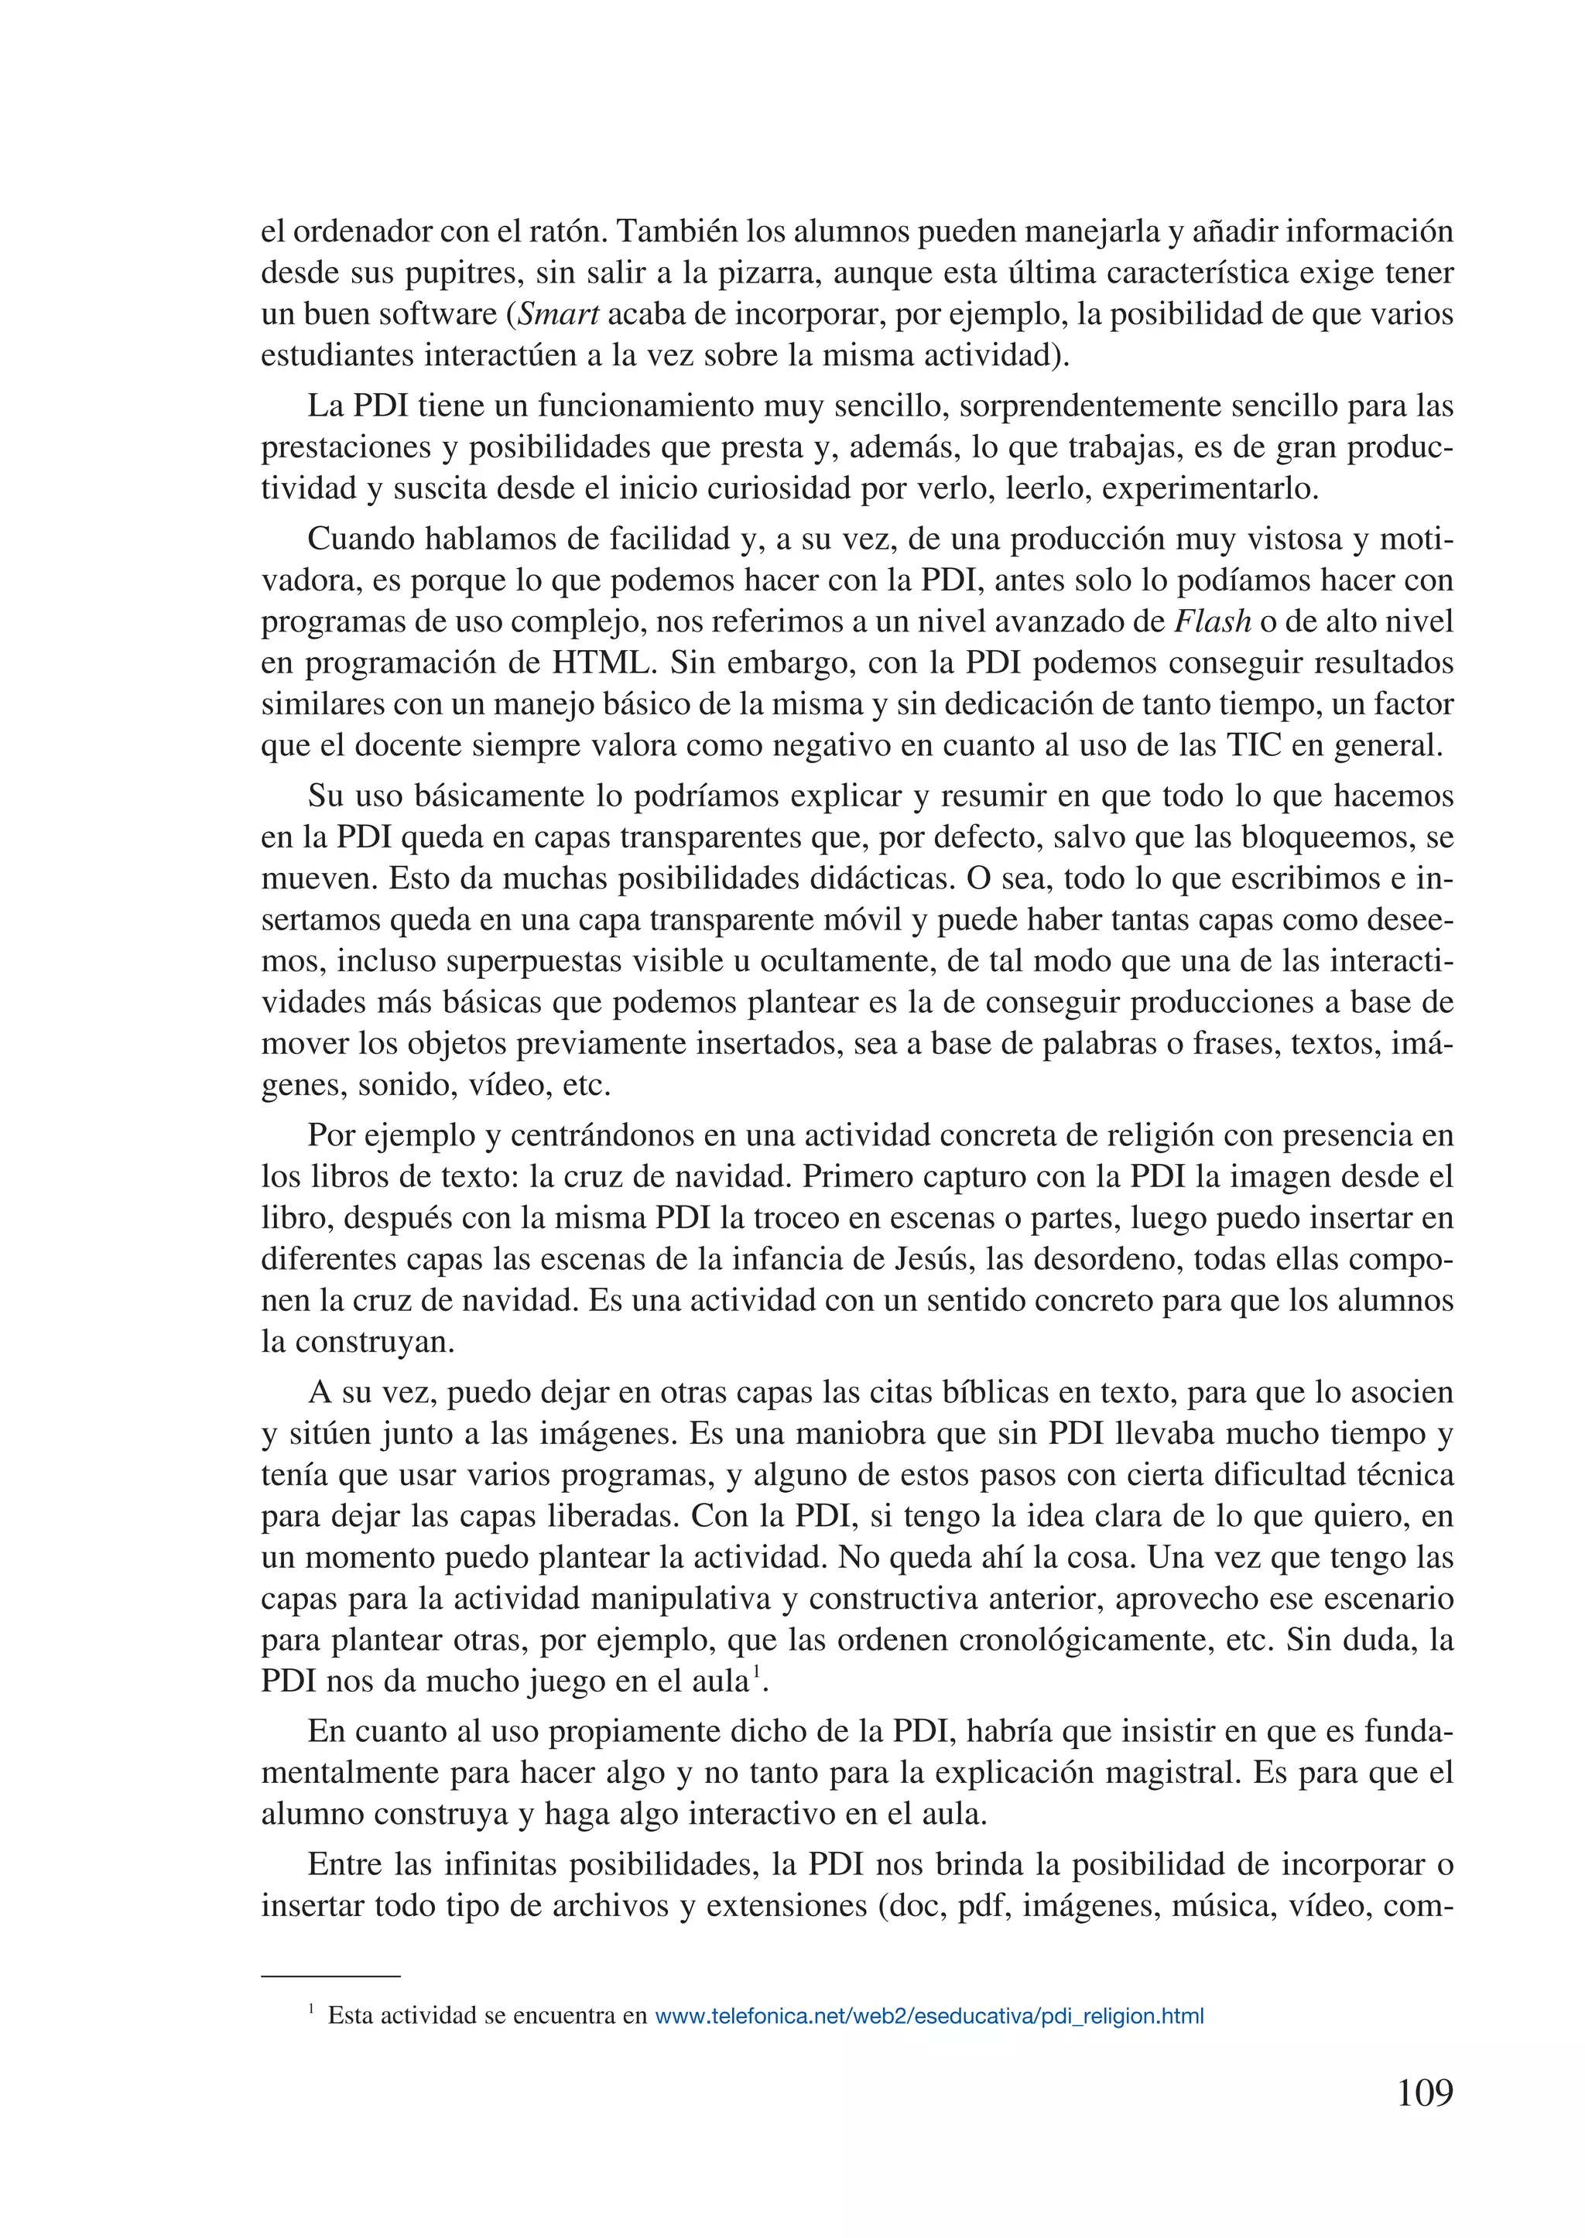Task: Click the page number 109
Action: (1425, 2093)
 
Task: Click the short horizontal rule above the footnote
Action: (331, 1976)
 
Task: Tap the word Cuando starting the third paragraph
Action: (355, 539)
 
